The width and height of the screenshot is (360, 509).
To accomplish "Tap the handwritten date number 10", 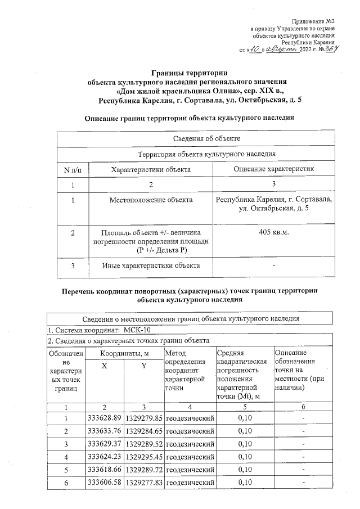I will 254,49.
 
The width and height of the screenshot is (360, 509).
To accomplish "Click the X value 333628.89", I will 105,418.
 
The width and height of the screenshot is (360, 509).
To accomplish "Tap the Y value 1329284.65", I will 143,431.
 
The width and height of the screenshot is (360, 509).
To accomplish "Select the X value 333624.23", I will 105,457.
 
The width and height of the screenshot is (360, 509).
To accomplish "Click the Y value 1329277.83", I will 143,483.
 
